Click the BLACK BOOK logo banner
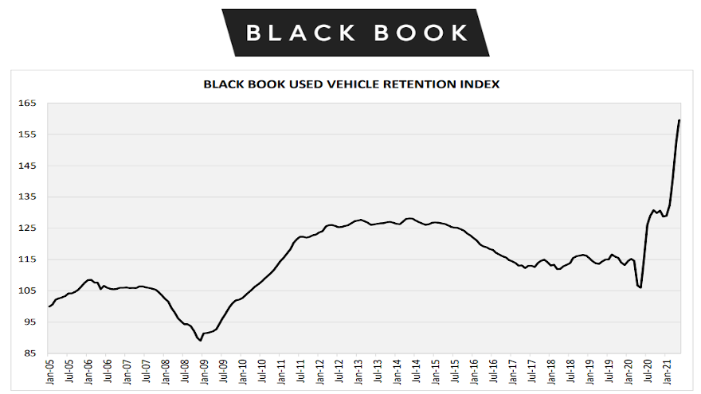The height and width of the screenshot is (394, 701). (x=355, y=33)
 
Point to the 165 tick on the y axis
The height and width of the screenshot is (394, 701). (x=27, y=103)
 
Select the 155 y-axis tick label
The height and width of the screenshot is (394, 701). (x=27, y=135)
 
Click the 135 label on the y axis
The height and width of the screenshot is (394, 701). (x=27, y=197)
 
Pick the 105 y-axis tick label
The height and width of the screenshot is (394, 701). (x=27, y=291)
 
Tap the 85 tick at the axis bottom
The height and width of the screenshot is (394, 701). (x=29, y=353)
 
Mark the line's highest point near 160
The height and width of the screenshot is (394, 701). (x=679, y=120)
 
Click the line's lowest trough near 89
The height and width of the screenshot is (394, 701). (x=199, y=340)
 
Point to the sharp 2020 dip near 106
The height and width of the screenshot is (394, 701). (x=640, y=287)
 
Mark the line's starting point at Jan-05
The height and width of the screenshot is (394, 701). (x=49, y=306)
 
